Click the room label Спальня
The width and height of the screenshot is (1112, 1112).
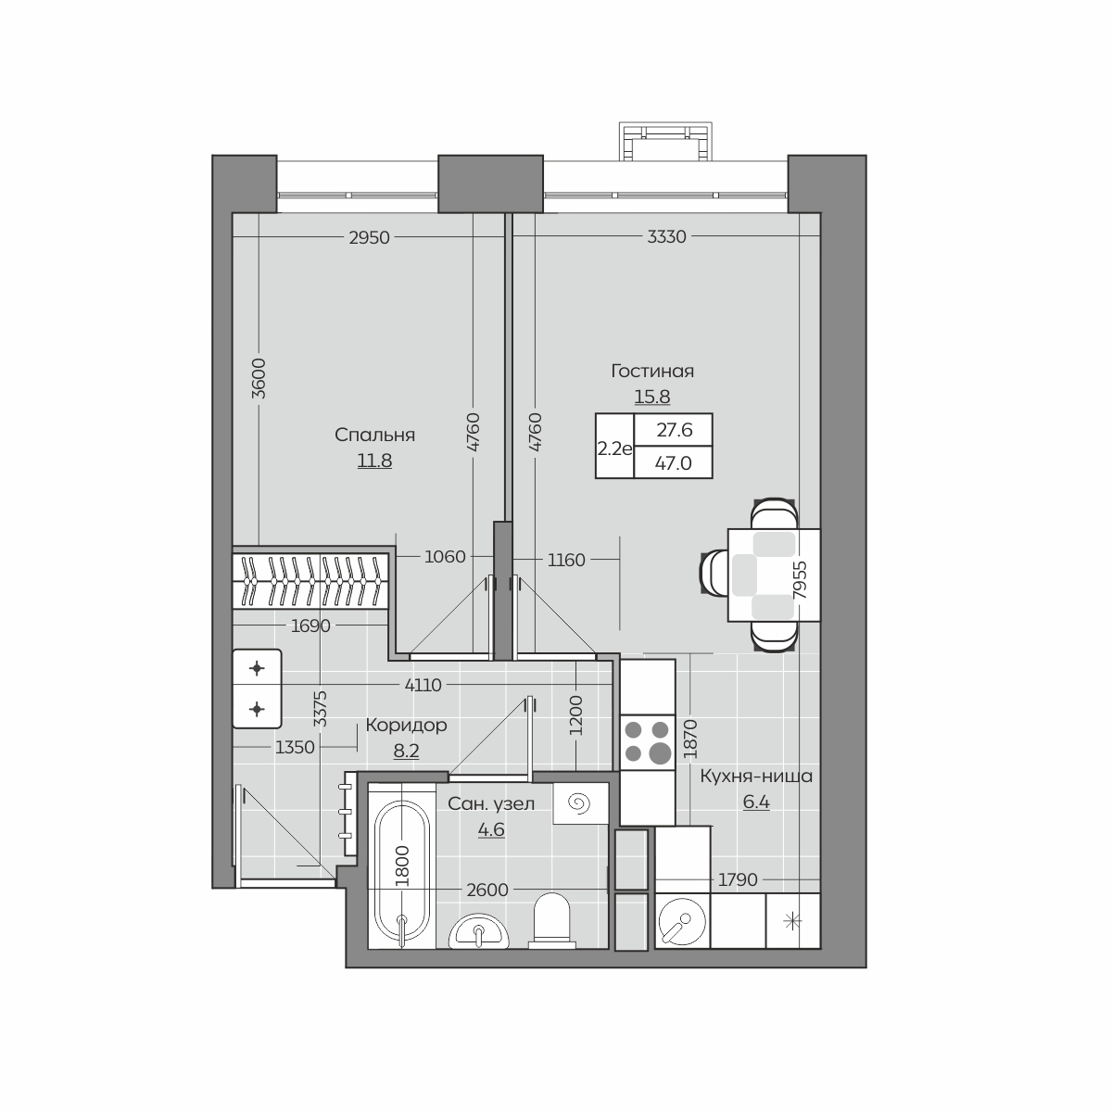pyautogui.click(x=374, y=436)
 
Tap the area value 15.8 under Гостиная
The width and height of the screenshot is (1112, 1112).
pyautogui.click(x=652, y=397)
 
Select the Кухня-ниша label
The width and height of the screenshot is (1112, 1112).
pyautogui.click(x=756, y=777)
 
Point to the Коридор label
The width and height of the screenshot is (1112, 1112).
pyautogui.click(x=406, y=725)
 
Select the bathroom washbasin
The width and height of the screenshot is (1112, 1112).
pyautogui.click(x=479, y=930)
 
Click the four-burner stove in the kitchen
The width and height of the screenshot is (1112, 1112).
pyautogui.click(x=648, y=742)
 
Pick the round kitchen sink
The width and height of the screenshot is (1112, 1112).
pyautogui.click(x=681, y=920)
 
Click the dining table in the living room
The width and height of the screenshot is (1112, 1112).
pyautogui.click(x=773, y=575)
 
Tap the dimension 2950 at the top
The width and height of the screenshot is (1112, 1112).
pyautogui.click(x=370, y=238)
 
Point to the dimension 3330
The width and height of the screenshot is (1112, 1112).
pyautogui.click(x=666, y=236)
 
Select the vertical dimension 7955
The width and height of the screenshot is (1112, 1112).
pyautogui.click(x=800, y=580)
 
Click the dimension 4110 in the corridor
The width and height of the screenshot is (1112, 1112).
pyautogui.click(x=423, y=685)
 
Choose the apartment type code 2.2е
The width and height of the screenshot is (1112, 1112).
pyautogui.click(x=615, y=449)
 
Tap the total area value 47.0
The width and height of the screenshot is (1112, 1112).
pyautogui.click(x=673, y=462)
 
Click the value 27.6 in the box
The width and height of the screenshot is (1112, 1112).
pyautogui.click(x=674, y=430)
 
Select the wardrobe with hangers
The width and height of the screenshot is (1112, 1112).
pyautogui.click(x=310, y=580)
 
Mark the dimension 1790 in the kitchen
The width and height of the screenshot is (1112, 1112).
pyautogui.click(x=738, y=879)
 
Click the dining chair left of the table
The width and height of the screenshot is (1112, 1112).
pyautogui.click(x=714, y=573)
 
